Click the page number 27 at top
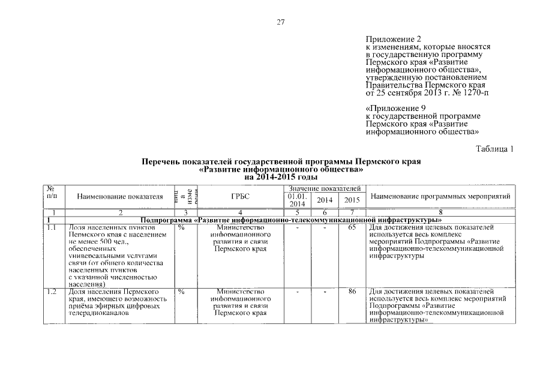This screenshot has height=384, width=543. [x=280, y=23]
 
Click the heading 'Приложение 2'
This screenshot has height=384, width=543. [x=391, y=39]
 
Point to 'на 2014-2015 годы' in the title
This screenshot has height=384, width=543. [x=280, y=177]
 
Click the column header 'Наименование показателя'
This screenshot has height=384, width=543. [x=120, y=196]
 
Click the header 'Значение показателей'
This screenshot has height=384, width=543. [x=323, y=189]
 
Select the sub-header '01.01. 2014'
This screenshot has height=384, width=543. [x=297, y=200]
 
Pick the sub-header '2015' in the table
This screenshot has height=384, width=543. [x=352, y=200]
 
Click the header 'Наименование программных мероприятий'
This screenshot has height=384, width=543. [x=440, y=196]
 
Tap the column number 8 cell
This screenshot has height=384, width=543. [x=440, y=212]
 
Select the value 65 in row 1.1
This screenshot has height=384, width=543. [x=352, y=228]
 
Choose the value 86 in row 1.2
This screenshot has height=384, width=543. [x=352, y=292]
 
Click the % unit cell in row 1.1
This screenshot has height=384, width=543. [x=181, y=228]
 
